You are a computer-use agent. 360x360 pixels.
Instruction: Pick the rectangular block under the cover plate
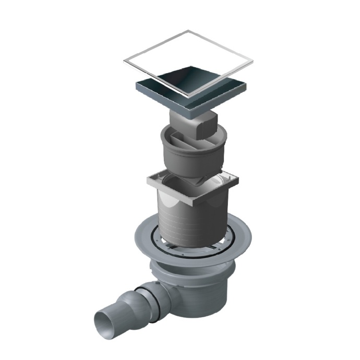206,128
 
